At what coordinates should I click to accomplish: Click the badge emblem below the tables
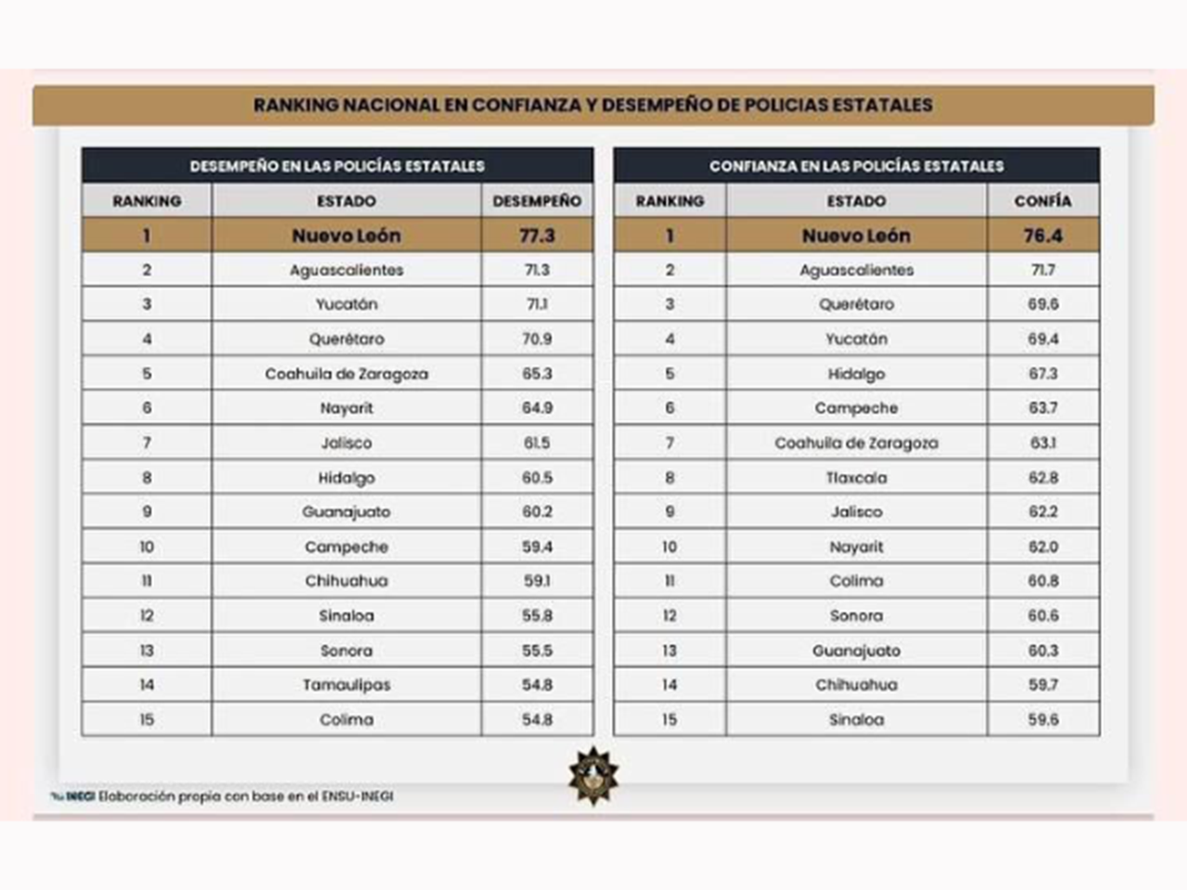click(593, 775)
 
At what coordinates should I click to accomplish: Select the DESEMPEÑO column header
click(537, 200)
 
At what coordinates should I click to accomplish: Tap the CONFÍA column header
click(1042, 200)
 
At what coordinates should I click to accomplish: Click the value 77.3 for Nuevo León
click(537, 235)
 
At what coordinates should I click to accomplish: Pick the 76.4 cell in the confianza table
click(1042, 235)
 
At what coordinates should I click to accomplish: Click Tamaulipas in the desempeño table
click(346, 685)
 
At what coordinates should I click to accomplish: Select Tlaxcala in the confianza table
click(856, 477)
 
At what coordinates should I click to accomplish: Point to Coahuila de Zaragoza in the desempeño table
click(346, 374)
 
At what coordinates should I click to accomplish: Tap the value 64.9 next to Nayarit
click(537, 408)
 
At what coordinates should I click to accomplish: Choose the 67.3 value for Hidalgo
click(1042, 374)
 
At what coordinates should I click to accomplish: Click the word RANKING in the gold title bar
click(296, 105)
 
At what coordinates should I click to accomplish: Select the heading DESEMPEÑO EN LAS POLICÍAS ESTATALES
click(337, 166)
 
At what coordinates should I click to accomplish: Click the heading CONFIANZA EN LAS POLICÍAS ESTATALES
click(856, 166)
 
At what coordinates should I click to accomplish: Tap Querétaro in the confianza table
click(856, 304)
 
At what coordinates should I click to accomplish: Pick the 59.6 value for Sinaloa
click(1042, 719)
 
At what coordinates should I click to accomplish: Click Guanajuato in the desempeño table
click(346, 512)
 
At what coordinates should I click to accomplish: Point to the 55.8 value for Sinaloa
click(537, 616)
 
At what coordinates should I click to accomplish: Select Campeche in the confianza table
click(856, 408)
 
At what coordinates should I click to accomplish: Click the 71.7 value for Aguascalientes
click(1042, 270)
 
